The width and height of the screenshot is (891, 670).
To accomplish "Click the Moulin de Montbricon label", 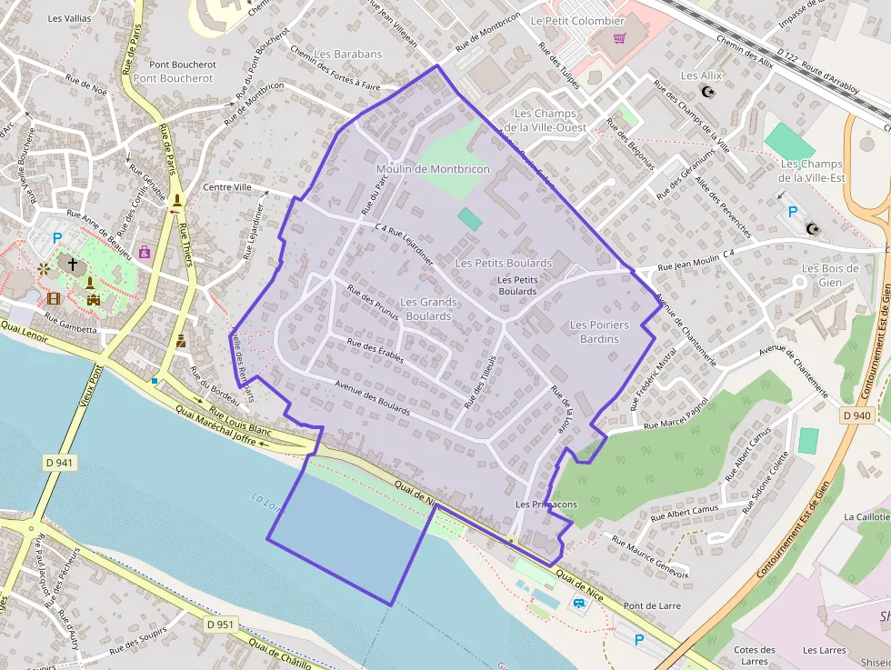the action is pos(433,169).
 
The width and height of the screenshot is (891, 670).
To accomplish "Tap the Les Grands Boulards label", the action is pos(428,309).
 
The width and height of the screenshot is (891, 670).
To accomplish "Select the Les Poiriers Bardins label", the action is pos(599,332).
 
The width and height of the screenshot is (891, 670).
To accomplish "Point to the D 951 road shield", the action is pos(220,625).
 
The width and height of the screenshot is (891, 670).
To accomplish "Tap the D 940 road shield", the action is pos(856,415).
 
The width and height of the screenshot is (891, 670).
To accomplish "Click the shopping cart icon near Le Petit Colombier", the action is pos(620,39).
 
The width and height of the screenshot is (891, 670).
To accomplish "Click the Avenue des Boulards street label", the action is pos(373,397).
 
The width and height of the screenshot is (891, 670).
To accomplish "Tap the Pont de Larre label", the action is pos(652,605).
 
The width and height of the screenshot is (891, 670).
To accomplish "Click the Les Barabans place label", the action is pos(348,55).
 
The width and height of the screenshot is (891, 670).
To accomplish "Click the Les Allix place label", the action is pos(701,75).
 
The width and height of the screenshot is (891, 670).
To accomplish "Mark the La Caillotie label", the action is pos(867,516).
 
